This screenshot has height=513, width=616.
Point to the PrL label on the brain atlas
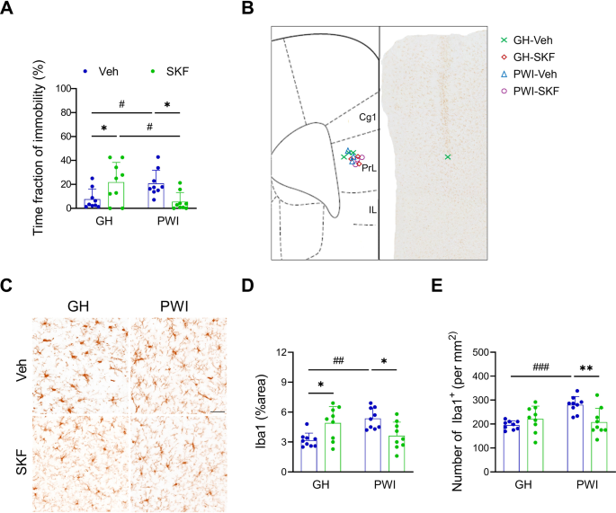pyautogui.click(x=369, y=167)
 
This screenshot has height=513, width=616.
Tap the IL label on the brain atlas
pyautogui.click(x=371, y=209)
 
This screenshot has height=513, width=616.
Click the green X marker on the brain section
pyautogui.click(x=448, y=157)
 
